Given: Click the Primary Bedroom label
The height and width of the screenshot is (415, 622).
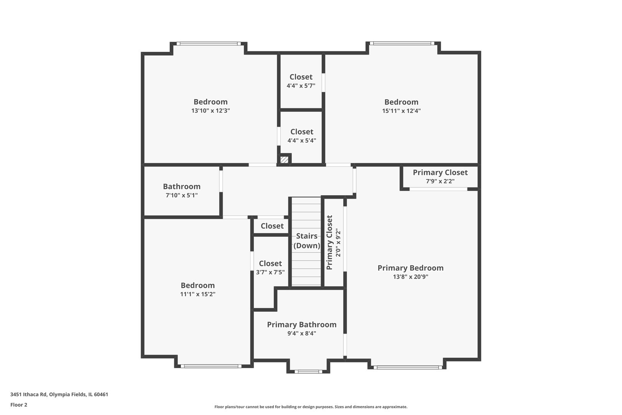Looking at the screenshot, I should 410,268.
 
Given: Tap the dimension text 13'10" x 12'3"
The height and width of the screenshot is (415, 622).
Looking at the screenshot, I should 210,111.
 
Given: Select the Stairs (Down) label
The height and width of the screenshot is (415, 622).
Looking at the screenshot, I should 306,241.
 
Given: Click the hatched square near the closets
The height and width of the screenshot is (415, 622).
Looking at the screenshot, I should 284,159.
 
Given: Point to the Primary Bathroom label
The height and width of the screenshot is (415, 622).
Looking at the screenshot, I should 301,325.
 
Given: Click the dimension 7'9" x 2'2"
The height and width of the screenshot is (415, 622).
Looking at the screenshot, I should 440,181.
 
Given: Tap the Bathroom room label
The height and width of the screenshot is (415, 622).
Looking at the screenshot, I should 182,186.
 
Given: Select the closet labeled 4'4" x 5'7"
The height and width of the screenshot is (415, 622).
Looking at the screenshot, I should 301,81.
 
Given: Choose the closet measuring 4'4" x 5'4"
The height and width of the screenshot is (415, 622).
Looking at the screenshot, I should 301,136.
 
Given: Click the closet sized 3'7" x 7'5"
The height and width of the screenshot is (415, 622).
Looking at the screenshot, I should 270,267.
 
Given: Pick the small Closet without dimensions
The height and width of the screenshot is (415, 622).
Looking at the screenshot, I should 272,226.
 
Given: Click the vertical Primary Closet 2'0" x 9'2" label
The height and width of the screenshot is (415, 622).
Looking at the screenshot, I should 333,242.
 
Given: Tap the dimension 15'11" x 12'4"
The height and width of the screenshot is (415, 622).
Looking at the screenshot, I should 401,111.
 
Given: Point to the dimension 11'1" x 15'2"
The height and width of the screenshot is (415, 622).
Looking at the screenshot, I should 197,294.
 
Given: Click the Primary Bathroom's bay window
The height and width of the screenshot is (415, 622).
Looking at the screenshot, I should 308,371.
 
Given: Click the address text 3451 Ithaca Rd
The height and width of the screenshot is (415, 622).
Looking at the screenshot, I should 59,394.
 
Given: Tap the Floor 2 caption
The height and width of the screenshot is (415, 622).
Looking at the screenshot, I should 19,405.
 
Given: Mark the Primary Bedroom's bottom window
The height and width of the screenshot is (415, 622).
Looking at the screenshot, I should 407,367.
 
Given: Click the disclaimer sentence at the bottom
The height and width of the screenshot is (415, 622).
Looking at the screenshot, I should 311,407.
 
